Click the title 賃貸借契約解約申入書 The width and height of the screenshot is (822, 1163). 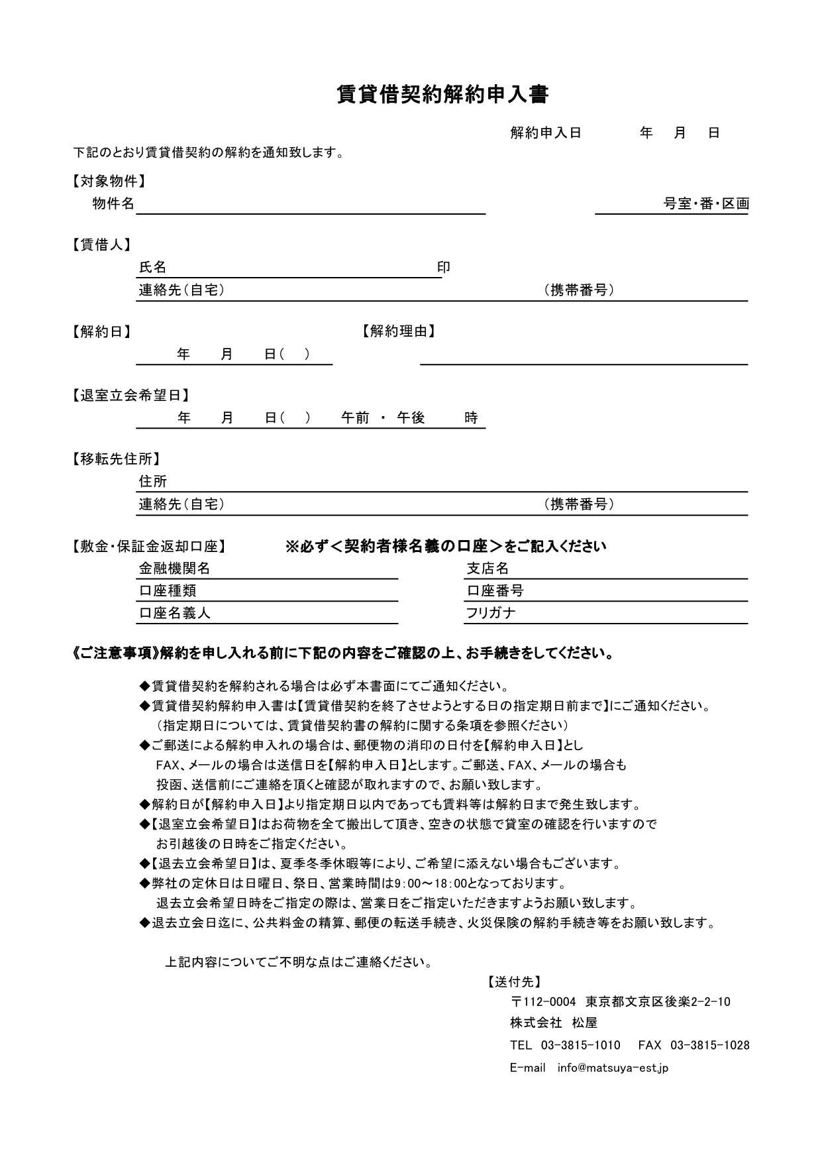442,95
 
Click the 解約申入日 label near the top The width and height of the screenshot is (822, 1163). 545,133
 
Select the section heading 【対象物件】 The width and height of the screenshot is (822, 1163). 108,181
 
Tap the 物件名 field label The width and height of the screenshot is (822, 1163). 113,203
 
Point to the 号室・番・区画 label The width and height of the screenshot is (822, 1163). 706,203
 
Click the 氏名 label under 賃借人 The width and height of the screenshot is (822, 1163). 152,267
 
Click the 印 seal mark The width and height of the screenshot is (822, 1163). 443,267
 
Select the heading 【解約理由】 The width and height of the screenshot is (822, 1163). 398,331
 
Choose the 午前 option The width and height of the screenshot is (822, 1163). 355,417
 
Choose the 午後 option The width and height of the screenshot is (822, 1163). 411,417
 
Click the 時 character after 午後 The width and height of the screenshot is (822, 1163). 471,417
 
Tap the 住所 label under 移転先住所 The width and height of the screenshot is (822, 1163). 152,481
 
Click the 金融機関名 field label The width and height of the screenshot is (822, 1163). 174,568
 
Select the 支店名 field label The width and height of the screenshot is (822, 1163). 488,568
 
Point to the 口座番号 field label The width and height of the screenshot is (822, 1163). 495,590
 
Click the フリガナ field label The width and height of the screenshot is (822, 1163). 491,613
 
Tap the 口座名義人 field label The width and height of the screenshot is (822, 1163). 174,613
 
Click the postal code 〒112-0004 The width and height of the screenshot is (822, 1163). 543,1001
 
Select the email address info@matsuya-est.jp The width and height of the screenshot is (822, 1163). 613,1068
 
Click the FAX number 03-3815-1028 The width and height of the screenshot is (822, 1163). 710,1045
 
